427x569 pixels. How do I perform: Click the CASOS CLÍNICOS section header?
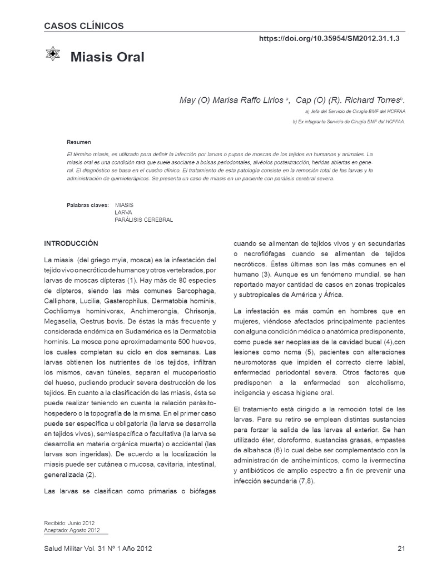(x=84, y=26)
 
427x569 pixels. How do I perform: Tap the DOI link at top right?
(x=329, y=39)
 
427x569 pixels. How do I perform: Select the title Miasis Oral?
(x=107, y=57)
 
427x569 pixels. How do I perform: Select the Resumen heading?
(x=79, y=142)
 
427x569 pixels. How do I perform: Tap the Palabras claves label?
(x=87, y=205)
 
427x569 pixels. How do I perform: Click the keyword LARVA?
(x=123, y=212)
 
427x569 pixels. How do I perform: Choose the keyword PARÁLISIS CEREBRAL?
(x=143, y=219)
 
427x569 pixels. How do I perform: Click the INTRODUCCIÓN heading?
(x=71, y=243)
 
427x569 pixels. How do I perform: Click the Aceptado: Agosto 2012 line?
(x=72, y=530)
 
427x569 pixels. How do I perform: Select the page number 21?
(x=400, y=549)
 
